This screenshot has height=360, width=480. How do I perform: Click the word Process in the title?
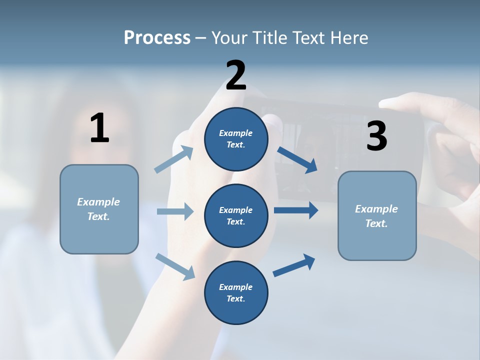[x=157, y=37]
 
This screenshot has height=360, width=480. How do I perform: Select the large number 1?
[x=99, y=128]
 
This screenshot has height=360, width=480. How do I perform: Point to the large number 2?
[x=236, y=75]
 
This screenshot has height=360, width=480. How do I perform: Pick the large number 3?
[x=376, y=136]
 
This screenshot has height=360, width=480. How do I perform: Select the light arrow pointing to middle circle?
[x=175, y=211]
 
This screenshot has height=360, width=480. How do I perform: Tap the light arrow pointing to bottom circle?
[x=175, y=266]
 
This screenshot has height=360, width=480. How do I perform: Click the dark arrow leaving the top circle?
[x=297, y=160]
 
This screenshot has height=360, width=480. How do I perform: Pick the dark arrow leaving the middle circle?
[x=296, y=210]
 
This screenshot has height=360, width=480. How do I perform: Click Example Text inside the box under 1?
[x=98, y=209]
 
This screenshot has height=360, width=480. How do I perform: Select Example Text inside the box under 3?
[x=376, y=216]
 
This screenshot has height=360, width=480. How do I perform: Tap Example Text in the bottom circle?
[x=235, y=292]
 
